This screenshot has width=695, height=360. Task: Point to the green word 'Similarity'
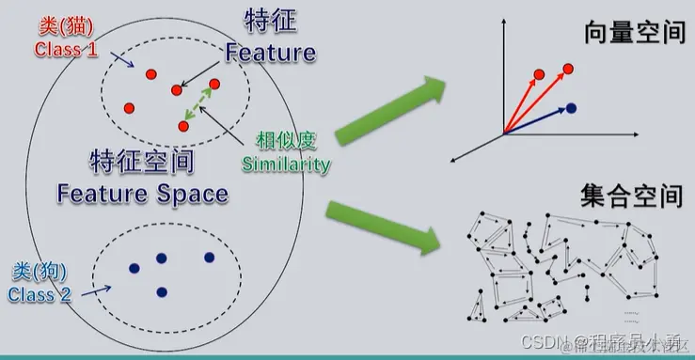[x=286, y=164]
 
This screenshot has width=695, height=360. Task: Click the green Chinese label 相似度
[x=287, y=141]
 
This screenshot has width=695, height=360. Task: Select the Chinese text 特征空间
[x=141, y=161]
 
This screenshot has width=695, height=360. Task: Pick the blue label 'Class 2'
[x=39, y=294]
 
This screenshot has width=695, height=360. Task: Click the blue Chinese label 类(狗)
[x=39, y=272]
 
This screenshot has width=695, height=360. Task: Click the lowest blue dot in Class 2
[x=162, y=291]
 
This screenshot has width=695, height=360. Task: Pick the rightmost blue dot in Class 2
[x=209, y=258]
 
